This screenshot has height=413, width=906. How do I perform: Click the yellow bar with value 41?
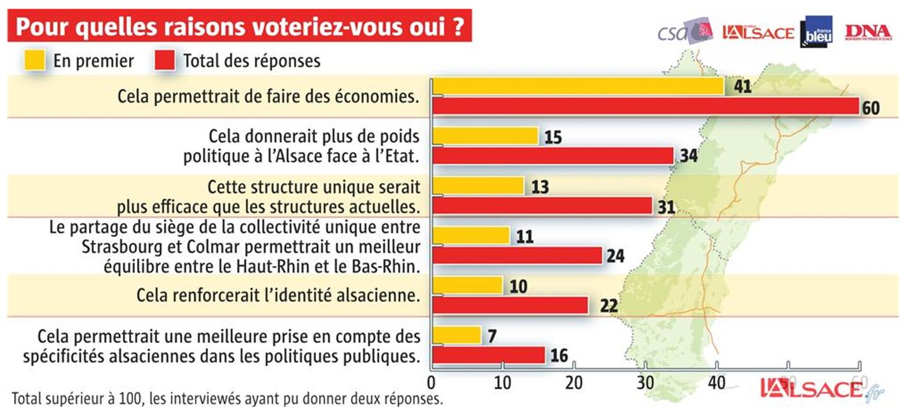(578, 86)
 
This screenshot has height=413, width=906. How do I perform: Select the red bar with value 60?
(646, 106)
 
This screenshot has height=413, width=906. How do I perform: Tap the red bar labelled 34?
(553, 156)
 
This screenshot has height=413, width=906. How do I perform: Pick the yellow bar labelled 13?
(478, 186)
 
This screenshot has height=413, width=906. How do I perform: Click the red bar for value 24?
(517, 256)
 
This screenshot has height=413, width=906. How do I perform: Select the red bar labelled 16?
(489, 355)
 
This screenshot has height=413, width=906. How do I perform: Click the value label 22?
(609, 306)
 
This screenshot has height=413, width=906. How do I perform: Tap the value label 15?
(553, 137)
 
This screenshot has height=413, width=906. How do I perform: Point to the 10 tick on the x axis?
(502, 383)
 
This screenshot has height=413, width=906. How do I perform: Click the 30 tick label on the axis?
(645, 383)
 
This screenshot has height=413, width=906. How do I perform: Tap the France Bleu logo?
(816, 32)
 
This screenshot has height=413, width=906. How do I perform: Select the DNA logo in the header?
(867, 32)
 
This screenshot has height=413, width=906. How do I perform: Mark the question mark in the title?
(459, 26)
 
